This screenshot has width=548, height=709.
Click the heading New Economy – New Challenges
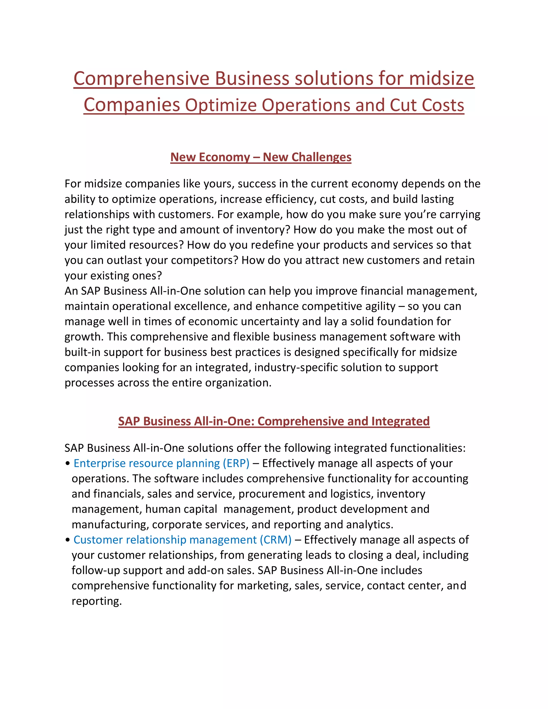(x=261, y=157)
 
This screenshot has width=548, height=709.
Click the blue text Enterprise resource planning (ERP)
(x=161, y=463)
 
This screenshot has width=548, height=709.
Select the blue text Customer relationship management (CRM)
(x=182, y=540)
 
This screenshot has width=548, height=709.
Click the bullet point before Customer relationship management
(x=67, y=540)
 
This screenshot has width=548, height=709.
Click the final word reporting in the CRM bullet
(x=96, y=601)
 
